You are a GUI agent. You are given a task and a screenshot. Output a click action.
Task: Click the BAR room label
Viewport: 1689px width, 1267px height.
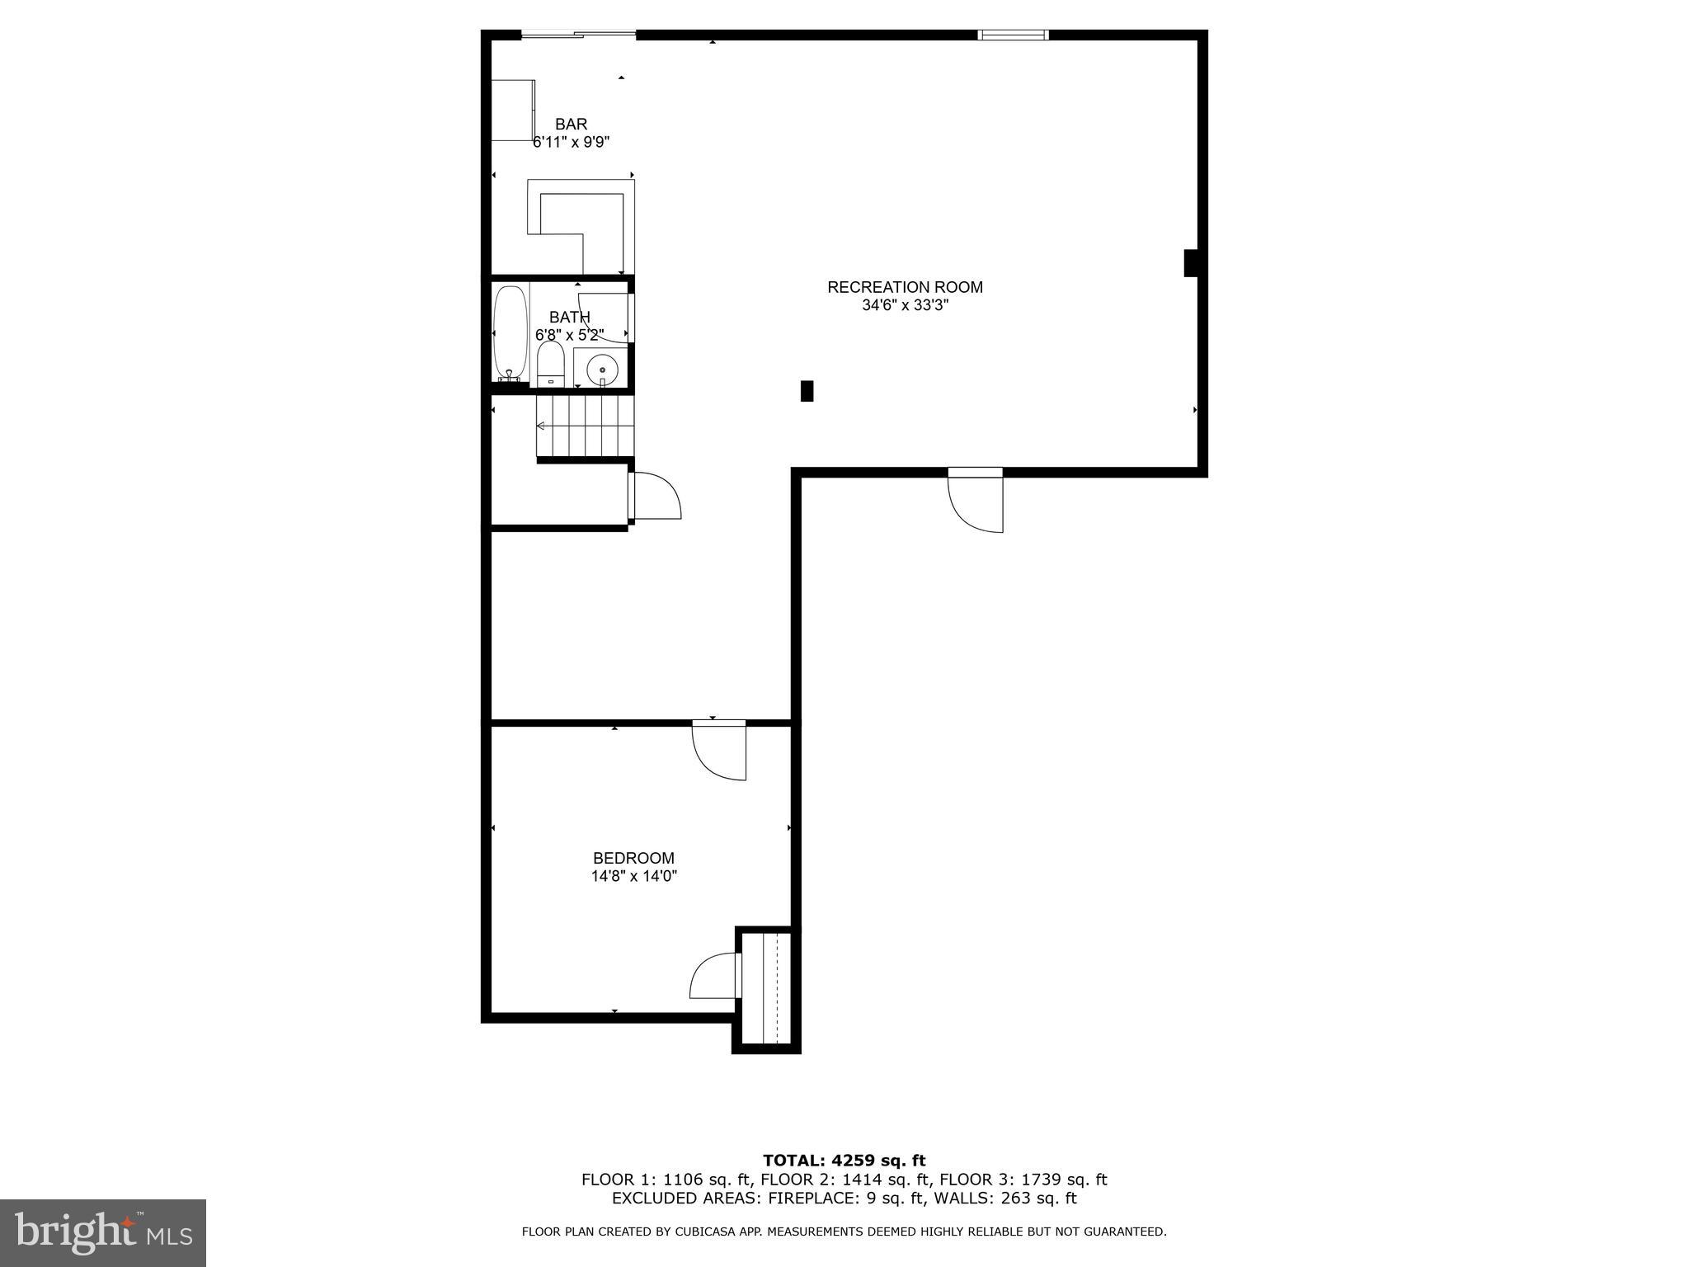[x=571, y=125]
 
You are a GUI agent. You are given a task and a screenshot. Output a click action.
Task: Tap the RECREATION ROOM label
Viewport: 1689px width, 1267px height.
[x=905, y=287]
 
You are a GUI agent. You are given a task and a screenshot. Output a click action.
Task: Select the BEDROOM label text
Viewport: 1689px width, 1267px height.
[x=633, y=858]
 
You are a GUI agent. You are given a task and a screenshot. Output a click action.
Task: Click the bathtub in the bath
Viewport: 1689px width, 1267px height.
[x=510, y=332]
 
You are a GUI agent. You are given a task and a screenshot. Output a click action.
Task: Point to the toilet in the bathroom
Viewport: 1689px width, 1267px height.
[x=550, y=364]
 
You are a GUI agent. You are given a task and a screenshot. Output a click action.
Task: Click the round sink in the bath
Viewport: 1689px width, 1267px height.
[x=602, y=370]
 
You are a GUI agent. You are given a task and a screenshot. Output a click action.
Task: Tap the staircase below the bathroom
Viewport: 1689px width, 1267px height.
[x=586, y=426]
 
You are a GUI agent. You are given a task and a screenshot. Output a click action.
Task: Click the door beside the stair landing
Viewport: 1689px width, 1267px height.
[x=656, y=496]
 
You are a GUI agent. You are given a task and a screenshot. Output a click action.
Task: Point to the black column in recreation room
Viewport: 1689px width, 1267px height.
[x=807, y=391]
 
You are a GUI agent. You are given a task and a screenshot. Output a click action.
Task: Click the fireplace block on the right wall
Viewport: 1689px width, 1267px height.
[x=1190, y=263]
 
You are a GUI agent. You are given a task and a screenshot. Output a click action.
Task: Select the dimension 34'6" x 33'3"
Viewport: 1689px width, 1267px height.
[x=905, y=306]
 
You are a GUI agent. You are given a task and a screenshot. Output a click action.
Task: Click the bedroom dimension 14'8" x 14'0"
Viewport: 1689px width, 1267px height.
[x=633, y=877]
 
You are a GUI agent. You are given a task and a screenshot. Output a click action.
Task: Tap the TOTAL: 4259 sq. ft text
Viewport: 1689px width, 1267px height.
[x=844, y=1161]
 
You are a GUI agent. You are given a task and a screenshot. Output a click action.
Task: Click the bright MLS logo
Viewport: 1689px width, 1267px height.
[x=103, y=1232]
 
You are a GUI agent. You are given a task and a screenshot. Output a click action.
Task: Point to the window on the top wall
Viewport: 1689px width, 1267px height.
[x=1013, y=35]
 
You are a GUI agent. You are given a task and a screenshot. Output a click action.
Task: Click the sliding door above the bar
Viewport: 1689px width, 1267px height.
[x=578, y=35]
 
